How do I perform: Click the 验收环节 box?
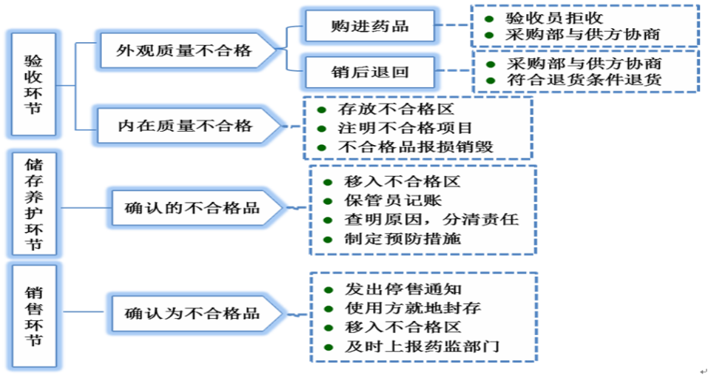tap(33, 84)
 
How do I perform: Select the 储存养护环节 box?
tap(33, 203)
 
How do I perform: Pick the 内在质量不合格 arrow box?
tap(185, 126)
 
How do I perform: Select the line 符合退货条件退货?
tap(584, 79)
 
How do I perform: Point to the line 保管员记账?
tap(392, 200)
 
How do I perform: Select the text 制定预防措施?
tap(403, 239)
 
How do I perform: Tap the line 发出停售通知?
tap(403, 289)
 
